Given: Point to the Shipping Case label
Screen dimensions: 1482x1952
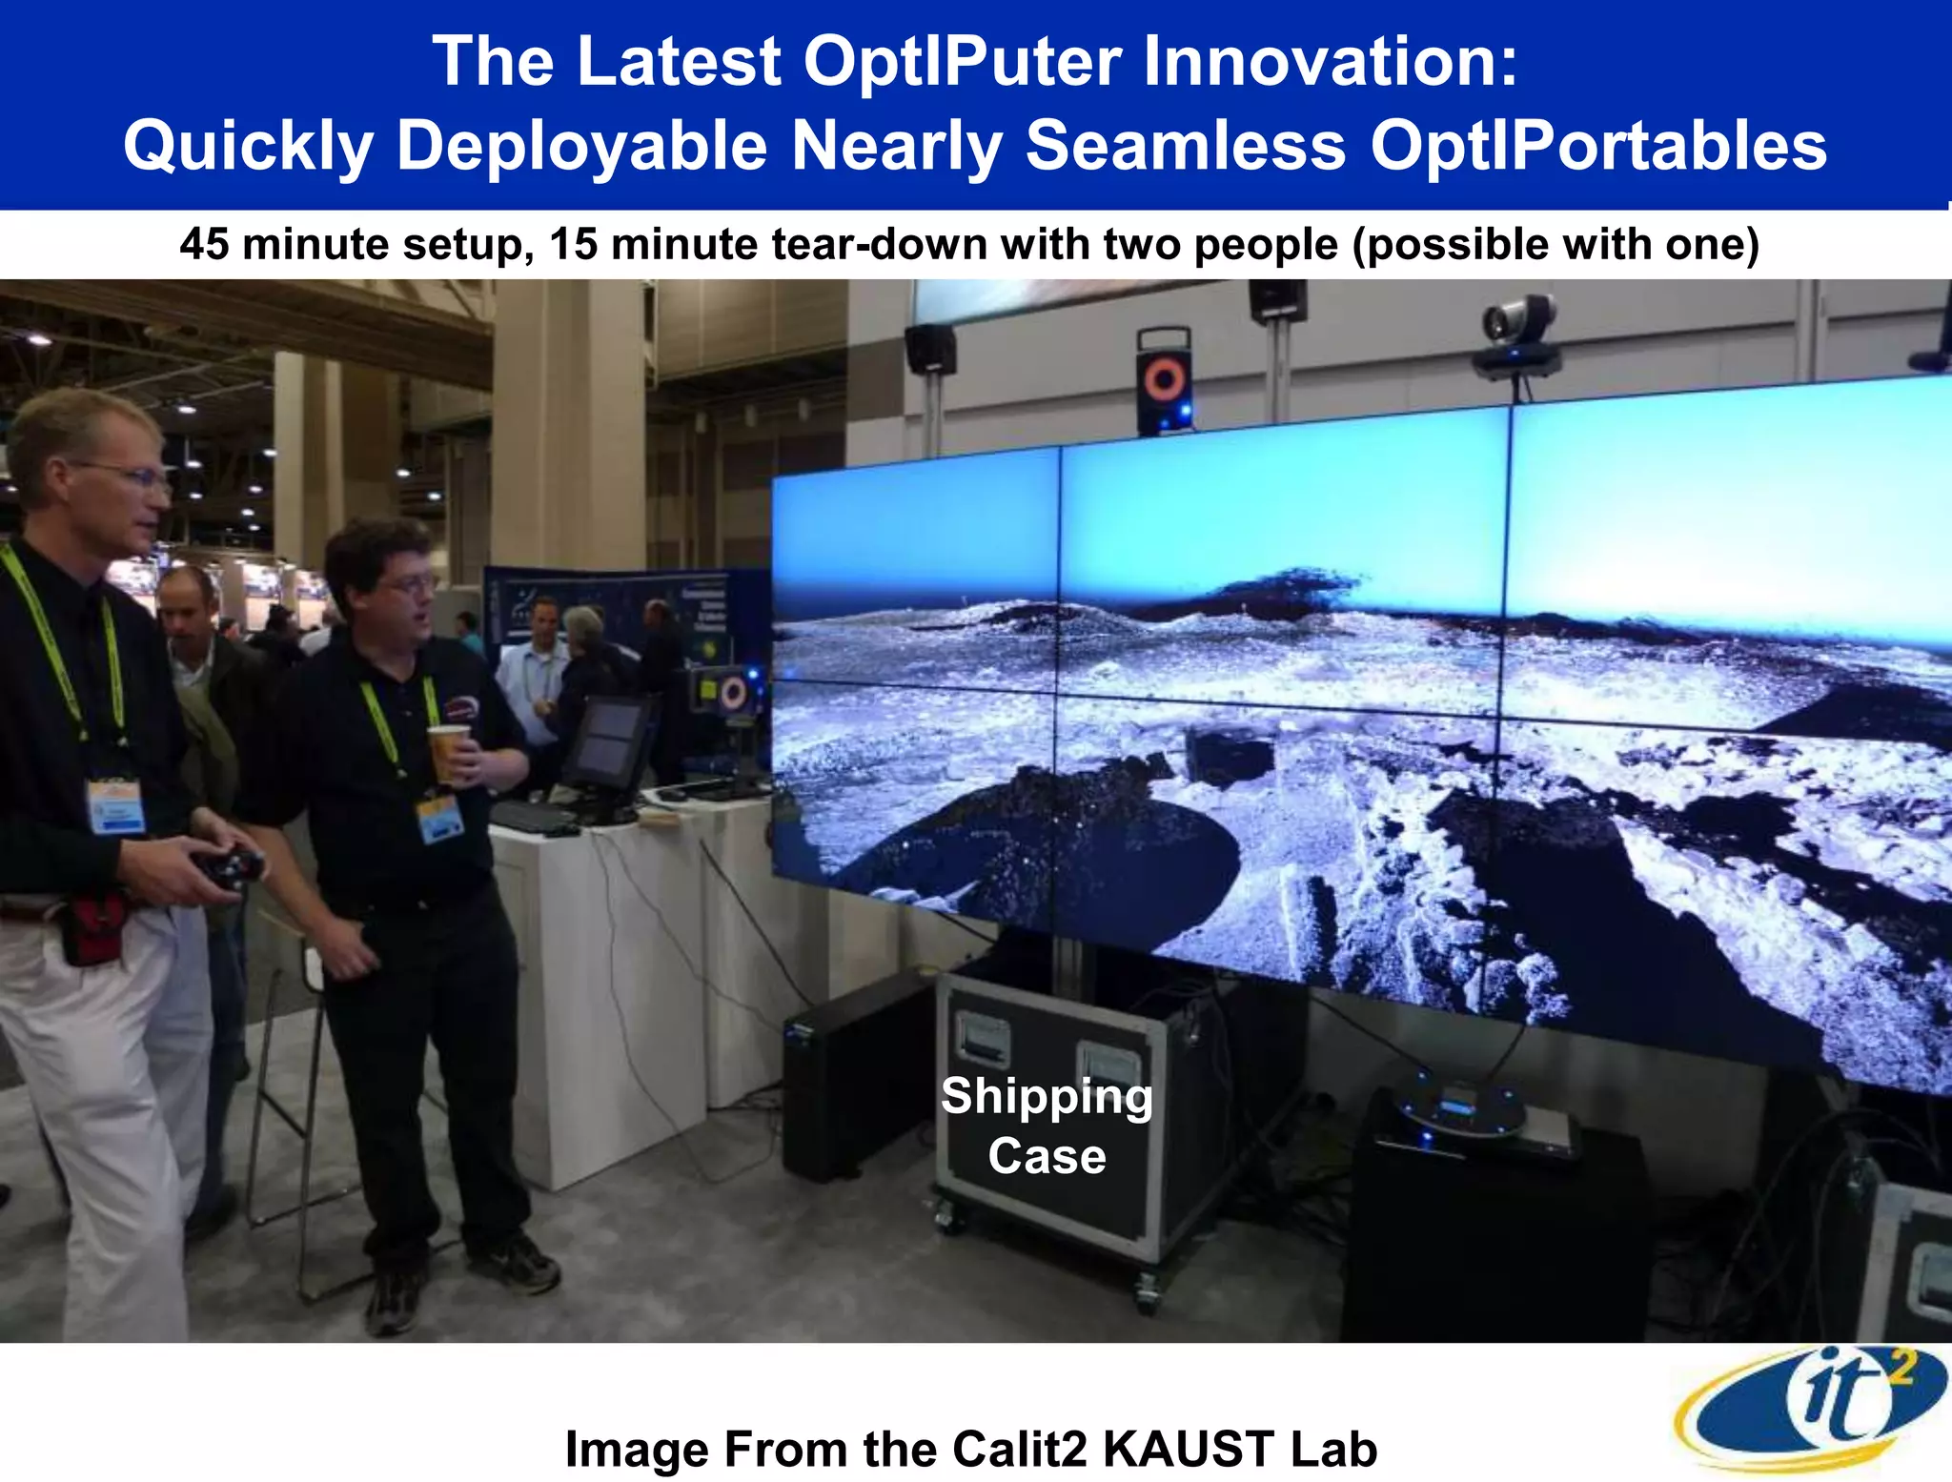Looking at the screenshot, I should [x=1047, y=1126].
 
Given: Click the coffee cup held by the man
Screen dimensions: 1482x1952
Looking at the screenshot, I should [x=448, y=753].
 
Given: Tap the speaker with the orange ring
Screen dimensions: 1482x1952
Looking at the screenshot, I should [x=1164, y=381].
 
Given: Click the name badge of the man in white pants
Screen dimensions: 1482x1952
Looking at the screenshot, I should [x=115, y=805].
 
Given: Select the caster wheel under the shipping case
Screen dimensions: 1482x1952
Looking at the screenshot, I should [x=1147, y=1293].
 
